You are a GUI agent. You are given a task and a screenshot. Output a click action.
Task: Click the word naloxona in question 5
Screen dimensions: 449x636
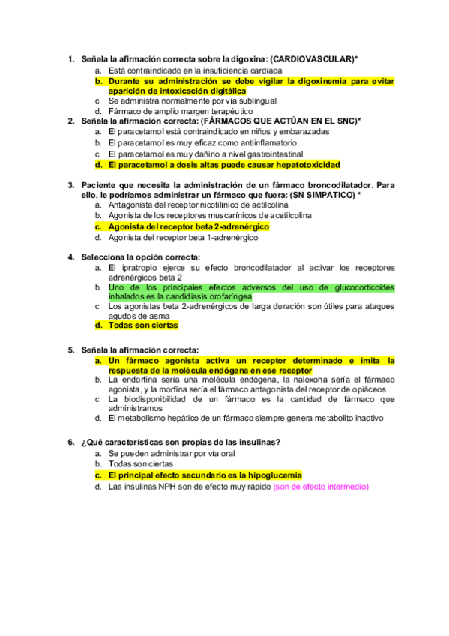click(302, 379)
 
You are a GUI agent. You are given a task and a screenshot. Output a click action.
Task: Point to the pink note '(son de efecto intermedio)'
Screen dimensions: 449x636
click(321, 487)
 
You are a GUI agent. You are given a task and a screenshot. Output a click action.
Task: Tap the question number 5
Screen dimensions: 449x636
click(70, 349)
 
